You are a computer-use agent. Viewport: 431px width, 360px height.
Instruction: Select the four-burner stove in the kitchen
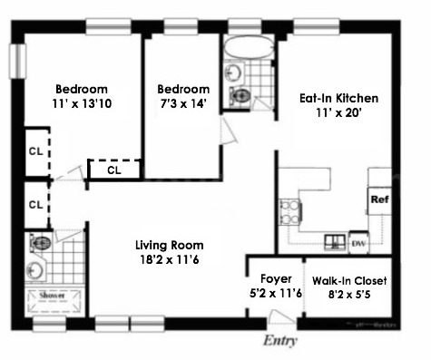290,213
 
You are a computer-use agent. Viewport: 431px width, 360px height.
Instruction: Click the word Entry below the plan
280,341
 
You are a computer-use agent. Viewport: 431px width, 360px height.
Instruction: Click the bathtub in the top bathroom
247,49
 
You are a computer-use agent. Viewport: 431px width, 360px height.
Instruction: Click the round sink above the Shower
34,269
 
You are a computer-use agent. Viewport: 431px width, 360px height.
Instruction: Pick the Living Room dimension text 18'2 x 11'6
169,261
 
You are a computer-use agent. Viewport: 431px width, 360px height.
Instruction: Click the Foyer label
275,278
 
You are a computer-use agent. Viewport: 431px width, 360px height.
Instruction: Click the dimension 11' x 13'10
81,105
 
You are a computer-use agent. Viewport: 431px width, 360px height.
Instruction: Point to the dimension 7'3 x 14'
182,105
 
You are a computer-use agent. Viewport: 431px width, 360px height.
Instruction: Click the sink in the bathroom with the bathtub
233,72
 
